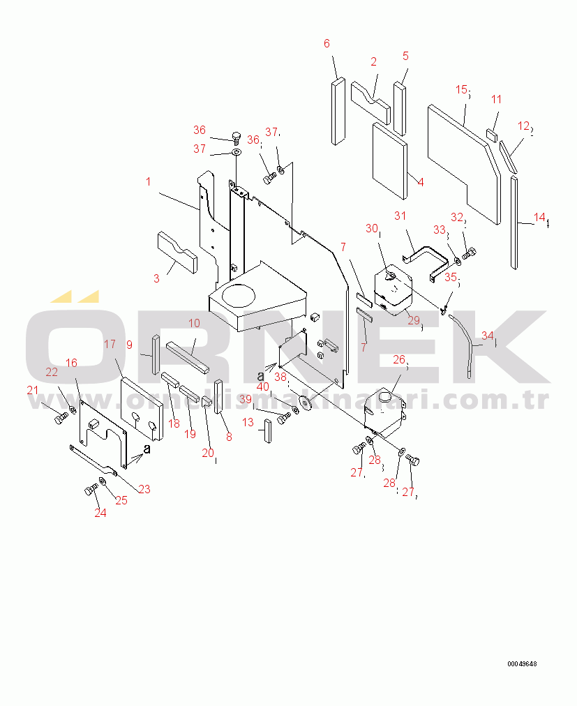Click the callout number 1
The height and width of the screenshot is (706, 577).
148,182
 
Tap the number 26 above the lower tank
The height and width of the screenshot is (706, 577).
398,359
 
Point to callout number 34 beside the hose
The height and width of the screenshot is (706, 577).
487,336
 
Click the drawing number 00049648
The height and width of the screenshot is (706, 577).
522,663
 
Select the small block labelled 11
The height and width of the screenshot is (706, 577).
491,134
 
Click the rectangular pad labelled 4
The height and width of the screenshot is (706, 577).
389,160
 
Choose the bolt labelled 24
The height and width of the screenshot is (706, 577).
91,490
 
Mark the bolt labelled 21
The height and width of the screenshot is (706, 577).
61,418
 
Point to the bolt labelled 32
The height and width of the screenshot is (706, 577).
469,253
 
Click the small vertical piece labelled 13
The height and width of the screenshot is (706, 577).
266,431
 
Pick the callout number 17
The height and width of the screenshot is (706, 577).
110,344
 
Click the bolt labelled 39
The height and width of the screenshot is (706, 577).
283,419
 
